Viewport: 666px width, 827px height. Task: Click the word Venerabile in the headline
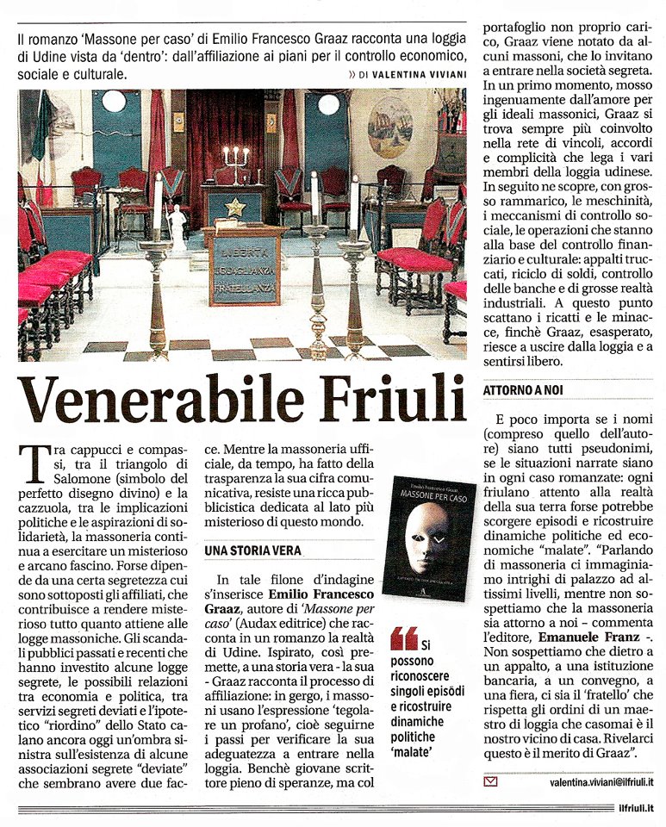[x=152, y=401]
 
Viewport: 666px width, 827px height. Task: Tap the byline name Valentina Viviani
[x=420, y=76]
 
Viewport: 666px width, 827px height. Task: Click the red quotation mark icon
[x=403, y=638]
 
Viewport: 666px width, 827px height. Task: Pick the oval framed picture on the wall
[x=390, y=127]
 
